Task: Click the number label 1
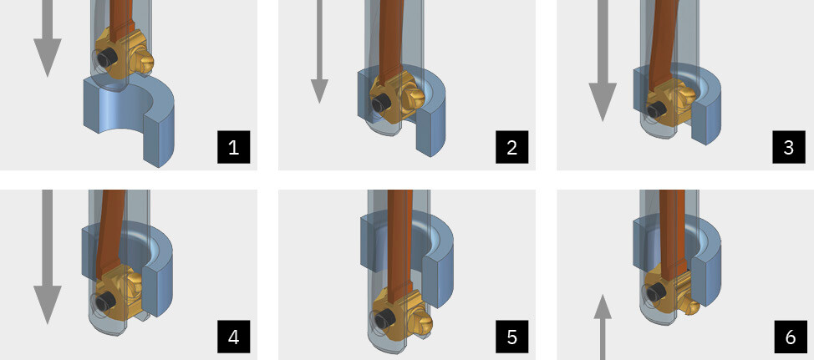[234, 147]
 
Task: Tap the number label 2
[511, 147]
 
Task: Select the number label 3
[789, 147]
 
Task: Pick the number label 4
[234, 337]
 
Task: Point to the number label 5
[511, 337]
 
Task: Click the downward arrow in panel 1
[48, 38]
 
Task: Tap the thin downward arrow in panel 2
[319, 51]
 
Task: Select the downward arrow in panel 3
[603, 61]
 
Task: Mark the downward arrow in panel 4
[48, 256]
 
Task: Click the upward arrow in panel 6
[603, 327]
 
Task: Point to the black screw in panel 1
[106, 58]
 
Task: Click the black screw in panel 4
[107, 300]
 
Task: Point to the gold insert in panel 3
[669, 104]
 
